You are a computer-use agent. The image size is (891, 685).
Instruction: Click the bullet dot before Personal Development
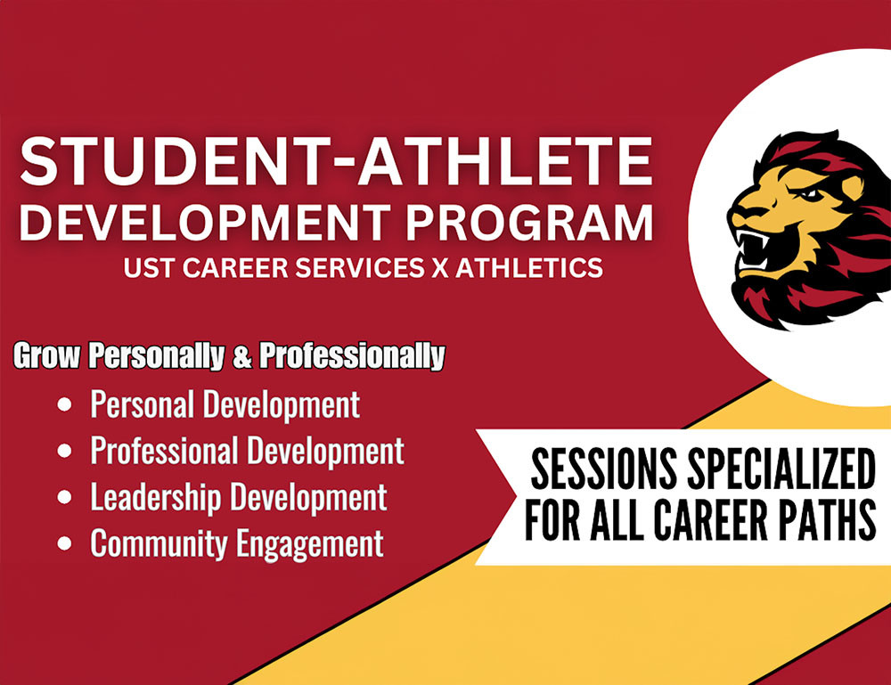coord(64,405)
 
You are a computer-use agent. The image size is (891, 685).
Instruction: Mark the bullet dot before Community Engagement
coord(64,543)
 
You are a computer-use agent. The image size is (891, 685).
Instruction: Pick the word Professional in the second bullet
coord(164,451)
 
